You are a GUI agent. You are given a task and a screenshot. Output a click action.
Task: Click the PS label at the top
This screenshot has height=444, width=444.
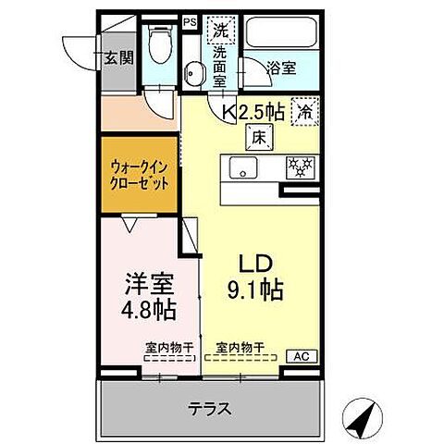(190, 21)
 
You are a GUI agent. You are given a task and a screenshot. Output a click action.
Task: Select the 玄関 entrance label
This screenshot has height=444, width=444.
(119, 57)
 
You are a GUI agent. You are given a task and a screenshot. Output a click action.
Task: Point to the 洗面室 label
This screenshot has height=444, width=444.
(220, 67)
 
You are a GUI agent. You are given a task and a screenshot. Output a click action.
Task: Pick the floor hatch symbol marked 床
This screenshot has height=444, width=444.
(256, 137)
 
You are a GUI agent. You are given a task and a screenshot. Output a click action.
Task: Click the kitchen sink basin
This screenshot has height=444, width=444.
(243, 167)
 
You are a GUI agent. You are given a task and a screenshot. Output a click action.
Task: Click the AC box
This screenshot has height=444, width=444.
(302, 355)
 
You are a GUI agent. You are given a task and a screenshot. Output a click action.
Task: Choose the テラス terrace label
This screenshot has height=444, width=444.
(212, 408)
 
